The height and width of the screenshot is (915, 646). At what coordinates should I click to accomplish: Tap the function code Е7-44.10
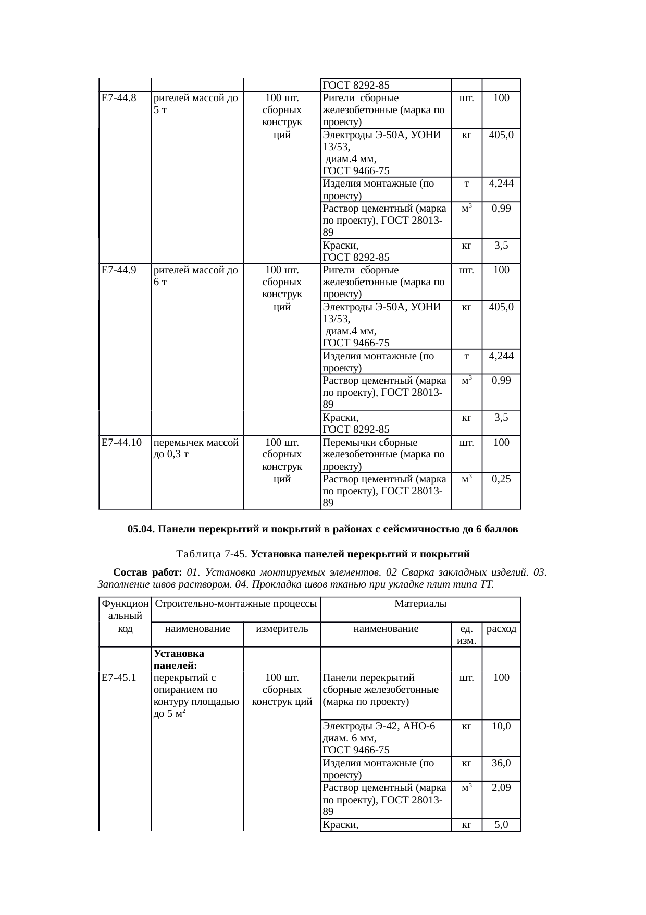[121, 443]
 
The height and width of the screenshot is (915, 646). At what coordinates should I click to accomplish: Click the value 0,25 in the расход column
[501, 479]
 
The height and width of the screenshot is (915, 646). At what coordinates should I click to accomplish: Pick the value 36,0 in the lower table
[501, 763]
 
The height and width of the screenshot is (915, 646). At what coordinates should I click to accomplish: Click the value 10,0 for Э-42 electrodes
[501, 726]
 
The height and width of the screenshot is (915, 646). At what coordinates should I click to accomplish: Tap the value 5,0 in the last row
[501, 824]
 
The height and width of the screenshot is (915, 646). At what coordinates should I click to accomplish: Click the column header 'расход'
[501, 629]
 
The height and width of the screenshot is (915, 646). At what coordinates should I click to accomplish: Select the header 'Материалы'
[420, 604]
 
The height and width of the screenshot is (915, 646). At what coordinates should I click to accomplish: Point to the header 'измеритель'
[282, 629]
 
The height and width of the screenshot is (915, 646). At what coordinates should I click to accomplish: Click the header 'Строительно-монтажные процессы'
[236, 604]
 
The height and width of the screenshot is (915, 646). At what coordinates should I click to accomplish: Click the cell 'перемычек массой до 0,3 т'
[196, 448]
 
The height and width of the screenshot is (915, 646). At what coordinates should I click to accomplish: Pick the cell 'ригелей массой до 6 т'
[196, 276]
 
